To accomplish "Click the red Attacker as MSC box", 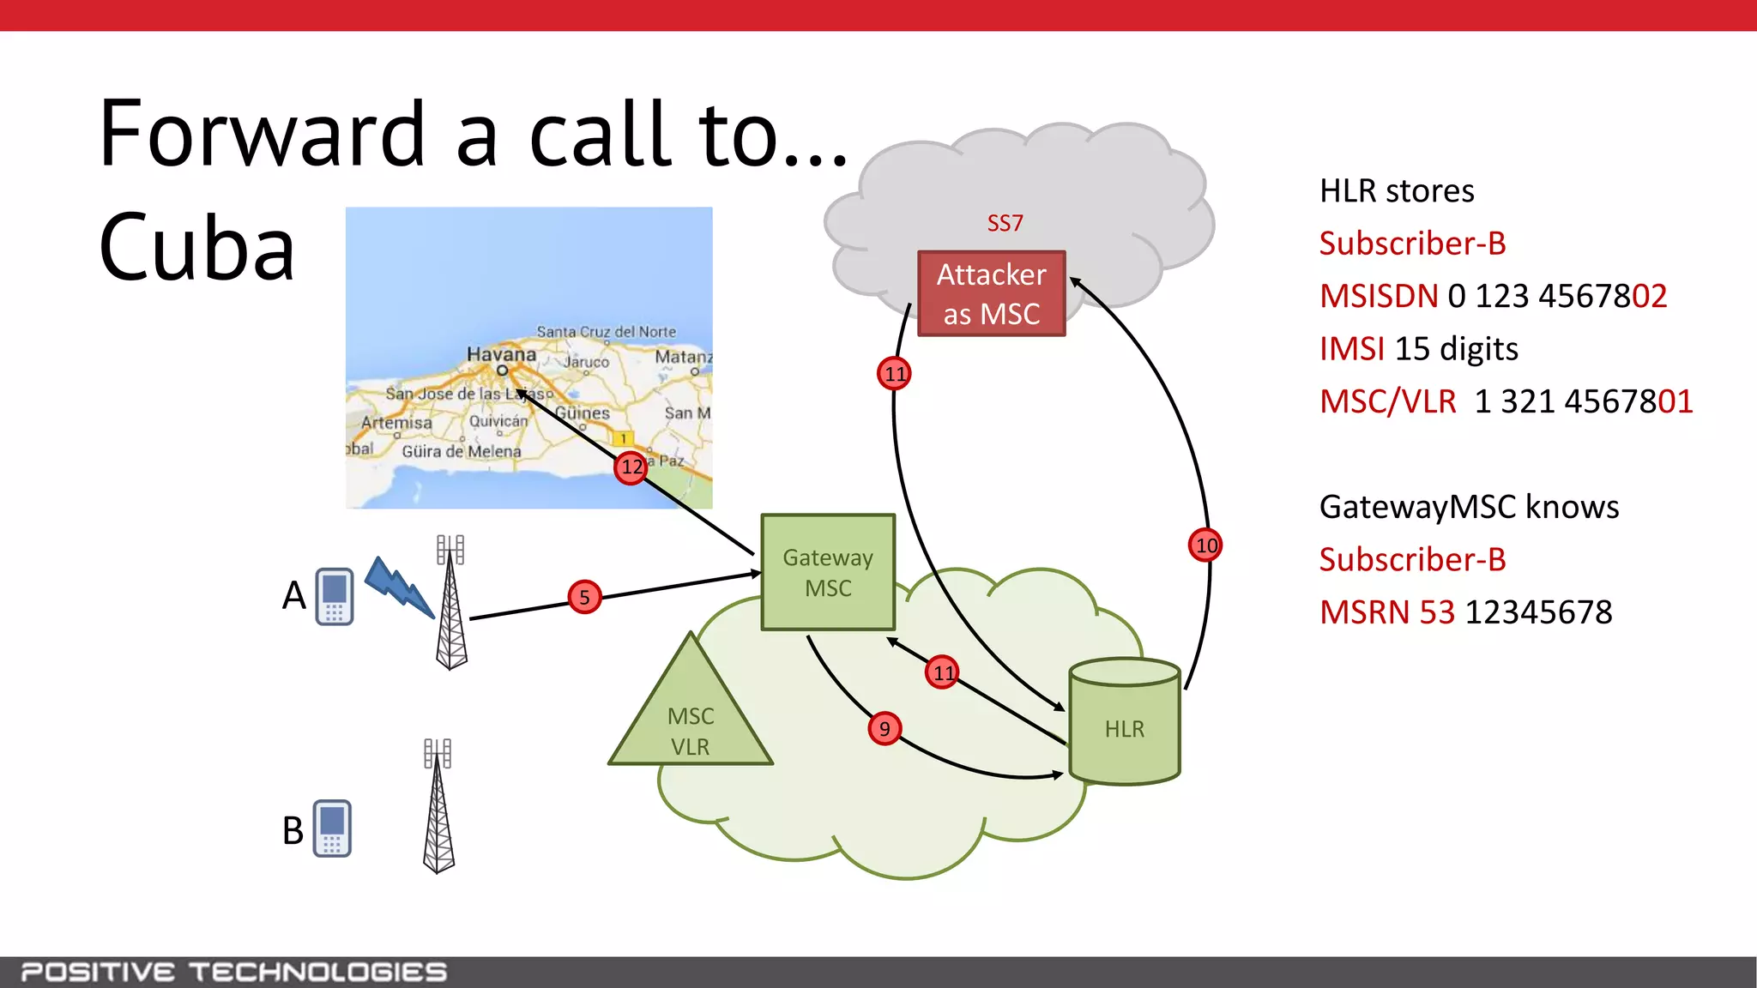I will point(991,293).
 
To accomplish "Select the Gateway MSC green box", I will point(828,572).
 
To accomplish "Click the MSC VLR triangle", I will point(691,725).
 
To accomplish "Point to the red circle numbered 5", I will point(584,597).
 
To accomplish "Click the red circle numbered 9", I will point(885,729).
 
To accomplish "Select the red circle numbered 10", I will point(1205,545).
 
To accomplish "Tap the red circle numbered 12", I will point(631,467).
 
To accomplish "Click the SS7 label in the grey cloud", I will point(1005,224).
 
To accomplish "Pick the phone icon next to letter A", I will point(335,596).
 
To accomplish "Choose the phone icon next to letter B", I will point(332,828).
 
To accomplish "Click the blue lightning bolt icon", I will point(399,587).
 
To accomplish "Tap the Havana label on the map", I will point(501,354).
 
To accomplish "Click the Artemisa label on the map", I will point(396,423).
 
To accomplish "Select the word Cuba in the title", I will point(196,248).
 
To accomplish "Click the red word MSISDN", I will point(1378,297).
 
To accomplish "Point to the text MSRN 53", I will point(1386,612).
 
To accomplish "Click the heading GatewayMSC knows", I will point(1469,507).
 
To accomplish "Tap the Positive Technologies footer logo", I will point(234,972).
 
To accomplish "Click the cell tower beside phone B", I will point(438,806).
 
